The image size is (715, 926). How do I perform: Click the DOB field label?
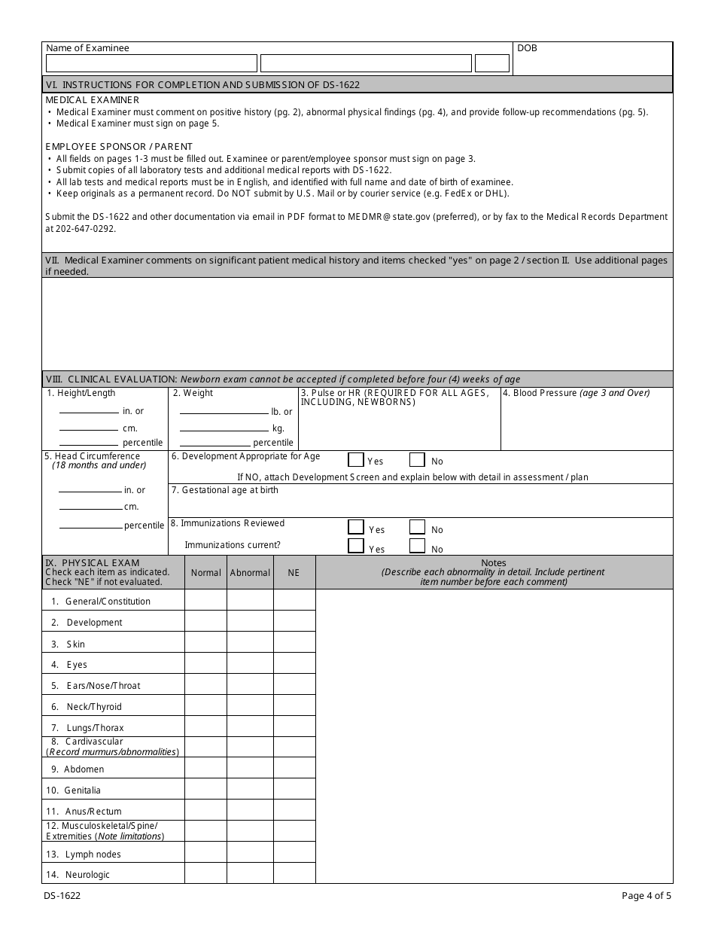527,48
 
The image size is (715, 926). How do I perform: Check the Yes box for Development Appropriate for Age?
356,460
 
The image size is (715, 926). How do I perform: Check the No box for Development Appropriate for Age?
417,460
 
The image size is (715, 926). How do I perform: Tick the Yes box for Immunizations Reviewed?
356,528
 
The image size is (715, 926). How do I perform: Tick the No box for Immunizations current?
417,547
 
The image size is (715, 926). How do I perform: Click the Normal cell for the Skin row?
205,644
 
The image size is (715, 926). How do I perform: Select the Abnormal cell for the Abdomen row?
250,769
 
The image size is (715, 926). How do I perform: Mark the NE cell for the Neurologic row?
294,874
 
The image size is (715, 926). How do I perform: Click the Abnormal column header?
250,573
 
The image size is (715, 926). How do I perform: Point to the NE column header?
294,573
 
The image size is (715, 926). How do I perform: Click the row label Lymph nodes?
93,854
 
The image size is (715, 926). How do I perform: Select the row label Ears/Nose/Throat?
102,686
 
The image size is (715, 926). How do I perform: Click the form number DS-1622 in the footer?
63,896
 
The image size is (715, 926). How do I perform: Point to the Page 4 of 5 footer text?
647,896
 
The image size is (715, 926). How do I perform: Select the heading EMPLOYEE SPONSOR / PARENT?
119,146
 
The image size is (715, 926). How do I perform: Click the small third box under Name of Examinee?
492,63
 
